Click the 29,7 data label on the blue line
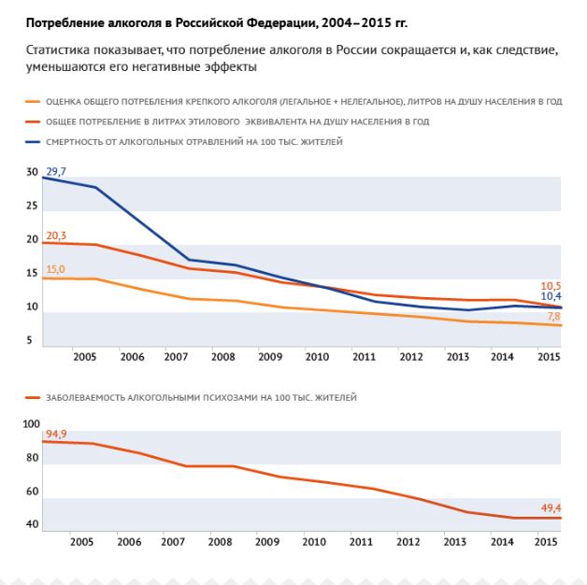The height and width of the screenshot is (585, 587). pyautogui.click(x=56, y=171)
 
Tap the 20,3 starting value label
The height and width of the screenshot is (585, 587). pyautogui.click(x=56, y=235)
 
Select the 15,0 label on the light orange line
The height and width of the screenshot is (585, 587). pyautogui.click(x=55, y=269)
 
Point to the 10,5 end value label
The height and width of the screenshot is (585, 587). pyautogui.click(x=551, y=286)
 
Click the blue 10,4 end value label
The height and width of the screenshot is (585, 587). pyautogui.click(x=551, y=296)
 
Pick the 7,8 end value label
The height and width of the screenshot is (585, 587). pyautogui.click(x=554, y=316)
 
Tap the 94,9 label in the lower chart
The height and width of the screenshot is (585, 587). pyautogui.click(x=56, y=434)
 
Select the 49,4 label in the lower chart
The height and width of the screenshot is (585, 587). pyautogui.click(x=551, y=507)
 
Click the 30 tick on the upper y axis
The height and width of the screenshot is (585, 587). pyautogui.click(x=32, y=172)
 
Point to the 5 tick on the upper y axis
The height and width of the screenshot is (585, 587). pyautogui.click(x=29, y=340)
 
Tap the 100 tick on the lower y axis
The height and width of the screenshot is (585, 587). pyautogui.click(x=31, y=424)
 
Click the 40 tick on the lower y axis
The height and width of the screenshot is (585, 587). pyautogui.click(x=32, y=524)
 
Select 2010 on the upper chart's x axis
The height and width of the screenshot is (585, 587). pyautogui.click(x=317, y=357)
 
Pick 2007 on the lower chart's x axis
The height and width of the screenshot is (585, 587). pyautogui.click(x=173, y=542)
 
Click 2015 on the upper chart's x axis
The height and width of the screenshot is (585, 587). pyautogui.click(x=550, y=357)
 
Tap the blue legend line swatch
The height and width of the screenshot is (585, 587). pyautogui.click(x=33, y=142)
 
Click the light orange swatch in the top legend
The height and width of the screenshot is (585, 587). pyautogui.click(x=33, y=102)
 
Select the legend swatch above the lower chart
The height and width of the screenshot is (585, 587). pyautogui.click(x=33, y=397)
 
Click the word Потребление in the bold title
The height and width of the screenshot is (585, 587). pyautogui.click(x=65, y=23)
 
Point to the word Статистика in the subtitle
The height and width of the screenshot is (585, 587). pyautogui.click(x=58, y=50)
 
